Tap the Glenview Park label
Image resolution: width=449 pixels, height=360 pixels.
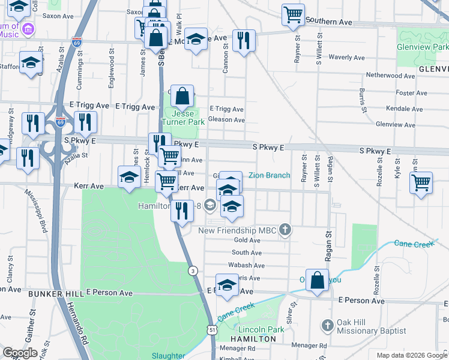click(x=423, y=47)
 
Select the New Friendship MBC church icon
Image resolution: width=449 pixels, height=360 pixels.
click(x=286, y=230)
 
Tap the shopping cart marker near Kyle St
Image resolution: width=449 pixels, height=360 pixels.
click(x=421, y=182)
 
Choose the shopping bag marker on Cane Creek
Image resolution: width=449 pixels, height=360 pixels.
click(x=317, y=279)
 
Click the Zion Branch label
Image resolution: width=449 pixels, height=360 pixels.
click(x=270, y=176)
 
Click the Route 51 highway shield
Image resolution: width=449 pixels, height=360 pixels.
click(x=212, y=329)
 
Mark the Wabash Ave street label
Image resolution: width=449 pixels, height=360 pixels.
click(x=246, y=265)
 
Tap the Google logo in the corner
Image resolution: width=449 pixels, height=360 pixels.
click(x=20, y=353)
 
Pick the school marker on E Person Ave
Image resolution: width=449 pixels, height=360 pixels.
click(x=227, y=285)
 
